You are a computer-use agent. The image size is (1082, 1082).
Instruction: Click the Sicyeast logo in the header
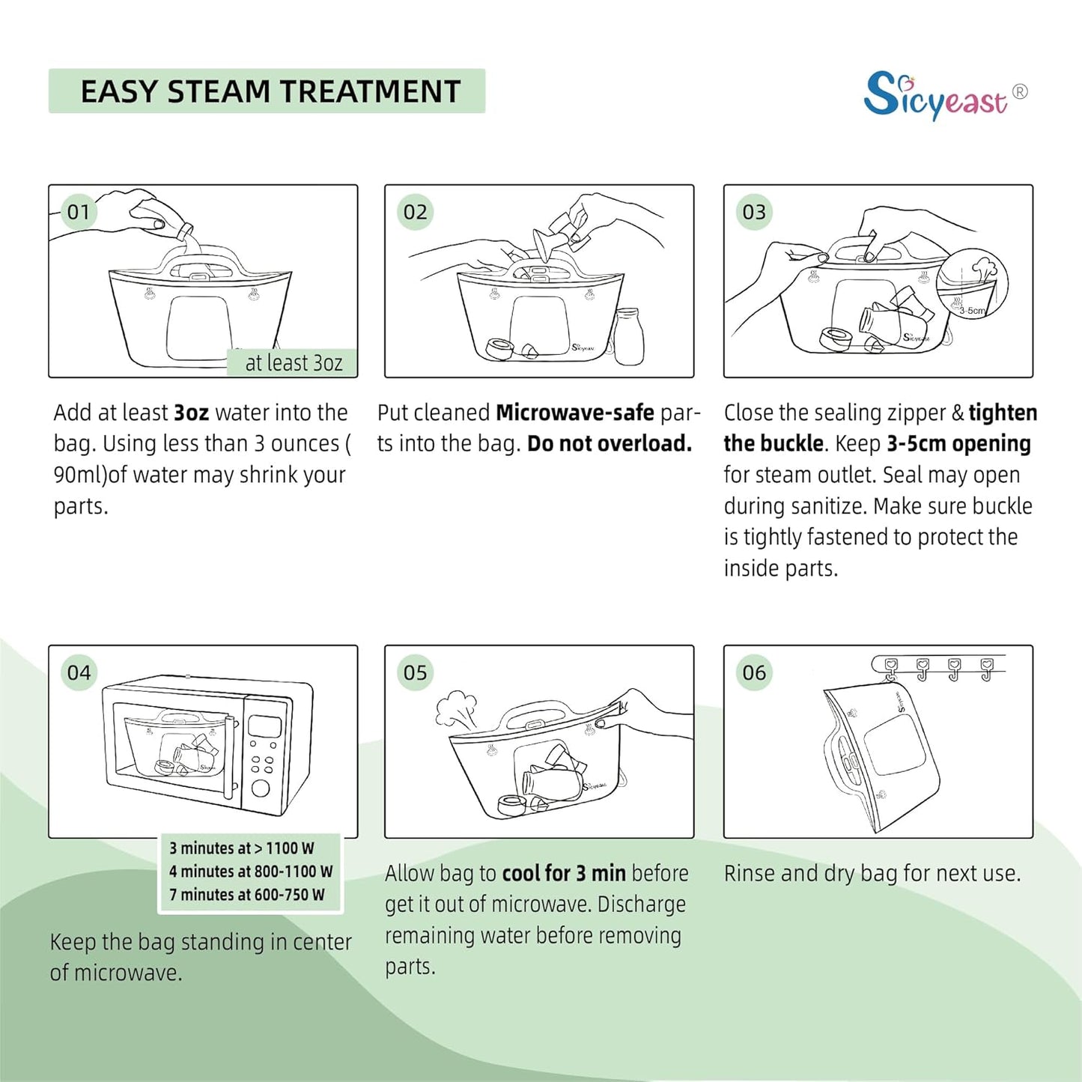(946, 95)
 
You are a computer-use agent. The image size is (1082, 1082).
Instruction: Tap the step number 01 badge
(79, 212)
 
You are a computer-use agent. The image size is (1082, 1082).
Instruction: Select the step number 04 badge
(79, 672)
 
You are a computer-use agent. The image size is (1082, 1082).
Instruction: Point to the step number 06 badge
(753, 672)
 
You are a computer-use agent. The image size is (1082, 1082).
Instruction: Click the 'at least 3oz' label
(293, 362)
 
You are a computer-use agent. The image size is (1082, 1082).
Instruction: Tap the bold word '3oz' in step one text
(192, 413)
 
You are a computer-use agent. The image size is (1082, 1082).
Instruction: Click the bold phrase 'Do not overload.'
(610, 444)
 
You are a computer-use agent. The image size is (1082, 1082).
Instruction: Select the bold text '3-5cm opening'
(959, 444)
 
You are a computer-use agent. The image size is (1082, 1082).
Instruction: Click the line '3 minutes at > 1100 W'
(241, 848)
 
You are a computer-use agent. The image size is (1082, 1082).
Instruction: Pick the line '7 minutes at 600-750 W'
(247, 895)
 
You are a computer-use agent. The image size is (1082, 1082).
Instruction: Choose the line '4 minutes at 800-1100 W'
(251, 872)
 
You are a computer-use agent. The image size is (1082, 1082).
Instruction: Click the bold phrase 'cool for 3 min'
(564, 873)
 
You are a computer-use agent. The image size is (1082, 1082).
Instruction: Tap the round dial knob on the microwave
(260, 788)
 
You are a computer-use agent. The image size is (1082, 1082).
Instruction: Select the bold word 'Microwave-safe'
(575, 413)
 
